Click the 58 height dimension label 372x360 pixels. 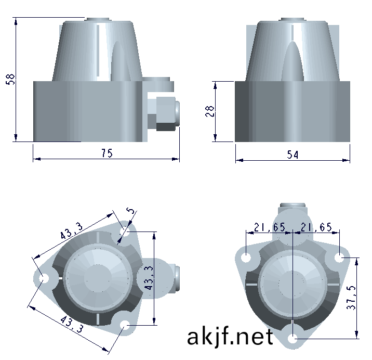[x=10, y=79]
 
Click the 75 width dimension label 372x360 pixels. [x=107, y=153]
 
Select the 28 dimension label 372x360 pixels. [x=210, y=111]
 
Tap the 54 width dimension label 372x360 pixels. [x=293, y=155]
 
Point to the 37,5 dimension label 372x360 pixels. [x=351, y=298]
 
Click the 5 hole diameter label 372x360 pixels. [x=130, y=211]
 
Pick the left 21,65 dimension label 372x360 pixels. [x=270, y=227]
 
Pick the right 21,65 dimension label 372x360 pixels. [x=316, y=227]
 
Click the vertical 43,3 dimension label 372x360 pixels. [x=149, y=278]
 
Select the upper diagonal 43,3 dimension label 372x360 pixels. [x=71, y=230]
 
